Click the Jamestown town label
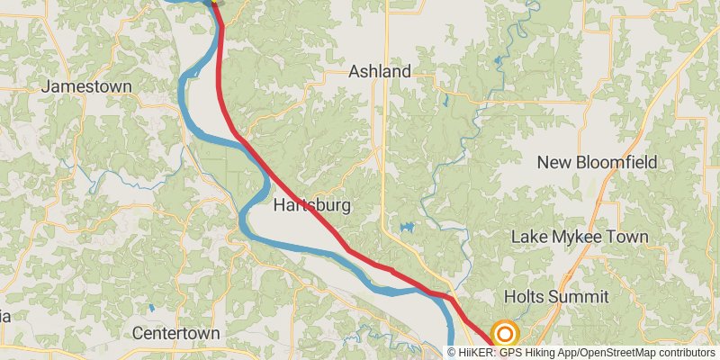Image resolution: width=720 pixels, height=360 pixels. pyautogui.click(x=86, y=86)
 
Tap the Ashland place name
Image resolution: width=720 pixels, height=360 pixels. pyautogui.click(x=380, y=71)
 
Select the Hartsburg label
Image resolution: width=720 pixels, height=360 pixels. pyautogui.click(x=311, y=206)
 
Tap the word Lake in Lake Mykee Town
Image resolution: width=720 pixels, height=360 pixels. pyautogui.click(x=528, y=237)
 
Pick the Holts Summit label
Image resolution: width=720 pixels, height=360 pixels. pyautogui.click(x=556, y=296)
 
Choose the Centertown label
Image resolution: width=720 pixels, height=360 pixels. pyautogui.click(x=175, y=333)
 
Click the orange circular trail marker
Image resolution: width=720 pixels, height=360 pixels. pyautogui.click(x=505, y=335)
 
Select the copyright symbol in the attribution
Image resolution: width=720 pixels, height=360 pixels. pyautogui.click(x=453, y=352)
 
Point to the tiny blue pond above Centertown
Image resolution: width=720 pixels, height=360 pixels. pyautogui.click(x=151, y=309)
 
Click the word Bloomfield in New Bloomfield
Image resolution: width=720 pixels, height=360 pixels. pyautogui.click(x=625, y=162)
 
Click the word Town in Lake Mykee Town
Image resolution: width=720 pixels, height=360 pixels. pyautogui.click(x=626, y=237)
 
